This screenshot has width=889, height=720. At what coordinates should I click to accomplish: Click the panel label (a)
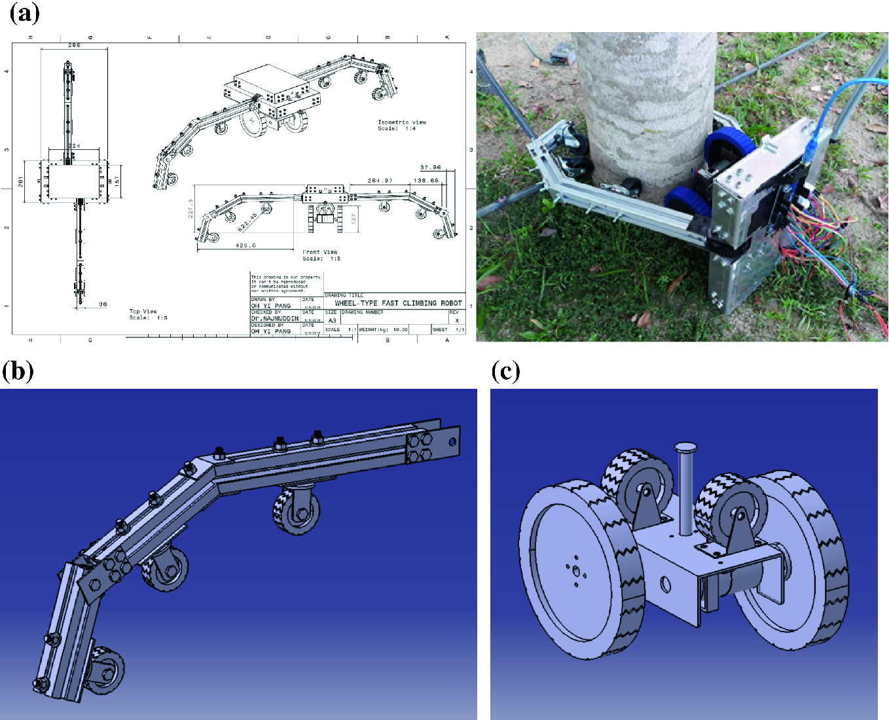25,13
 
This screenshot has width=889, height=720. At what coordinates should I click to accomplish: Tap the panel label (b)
18,371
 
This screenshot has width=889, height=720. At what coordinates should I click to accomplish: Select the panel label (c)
505,371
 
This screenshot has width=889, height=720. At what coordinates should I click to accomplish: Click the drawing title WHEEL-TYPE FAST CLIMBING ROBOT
398,303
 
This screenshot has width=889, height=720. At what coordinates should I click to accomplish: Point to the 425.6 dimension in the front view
245,245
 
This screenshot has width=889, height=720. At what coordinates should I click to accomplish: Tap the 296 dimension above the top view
74,45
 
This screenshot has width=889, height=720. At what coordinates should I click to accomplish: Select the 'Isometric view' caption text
401,122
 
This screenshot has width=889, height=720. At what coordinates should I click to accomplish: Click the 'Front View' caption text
320,252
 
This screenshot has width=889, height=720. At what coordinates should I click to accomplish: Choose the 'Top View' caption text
143,312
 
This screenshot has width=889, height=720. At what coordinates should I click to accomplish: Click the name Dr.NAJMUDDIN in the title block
274,319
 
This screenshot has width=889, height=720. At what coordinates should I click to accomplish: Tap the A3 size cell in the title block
332,321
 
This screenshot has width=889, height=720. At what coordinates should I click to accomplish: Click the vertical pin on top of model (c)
686,488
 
